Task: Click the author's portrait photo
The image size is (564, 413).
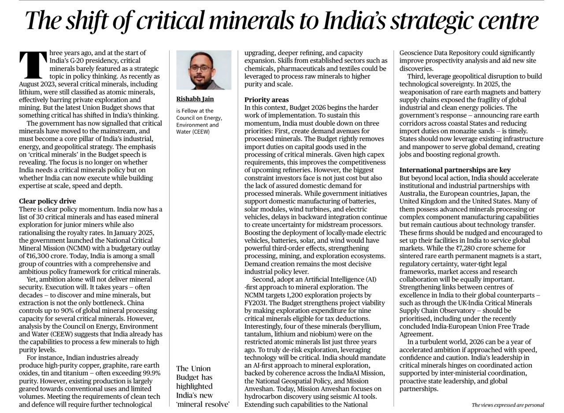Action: coord(204,70)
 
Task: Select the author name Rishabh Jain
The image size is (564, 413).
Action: coord(195,99)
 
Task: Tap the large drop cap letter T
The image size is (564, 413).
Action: coord(33,65)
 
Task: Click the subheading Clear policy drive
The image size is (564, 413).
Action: coord(47,201)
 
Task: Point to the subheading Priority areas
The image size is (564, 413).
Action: coord(267,100)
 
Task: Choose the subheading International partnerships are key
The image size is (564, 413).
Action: coord(455,170)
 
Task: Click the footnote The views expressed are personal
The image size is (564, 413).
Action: coord(508,405)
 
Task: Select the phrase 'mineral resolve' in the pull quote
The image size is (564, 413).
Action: coord(203,404)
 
